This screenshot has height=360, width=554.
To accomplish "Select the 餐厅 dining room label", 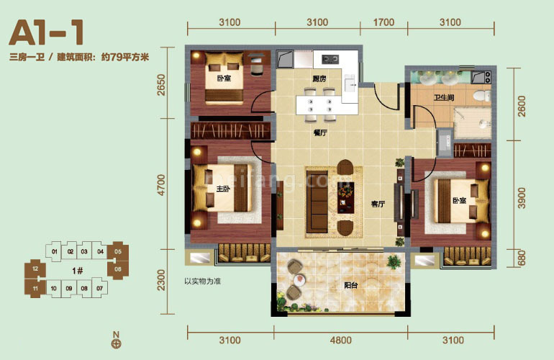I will (x=321, y=132).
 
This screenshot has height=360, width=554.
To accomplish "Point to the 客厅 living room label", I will (x=378, y=204).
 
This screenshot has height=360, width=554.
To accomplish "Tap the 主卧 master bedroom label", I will (x=222, y=189).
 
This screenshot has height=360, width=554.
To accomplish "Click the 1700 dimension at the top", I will (x=384, y=22).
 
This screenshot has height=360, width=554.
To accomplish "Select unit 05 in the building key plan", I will (x=118, y=252).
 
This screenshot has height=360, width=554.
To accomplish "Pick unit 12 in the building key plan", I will (x=35, y=269).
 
